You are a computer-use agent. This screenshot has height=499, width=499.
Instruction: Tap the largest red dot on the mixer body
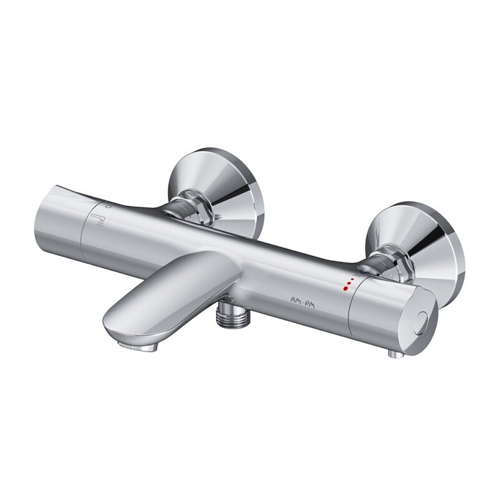click(x=346, y=289)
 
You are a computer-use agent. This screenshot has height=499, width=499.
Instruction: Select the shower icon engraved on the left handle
click(x=97, y=220)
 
